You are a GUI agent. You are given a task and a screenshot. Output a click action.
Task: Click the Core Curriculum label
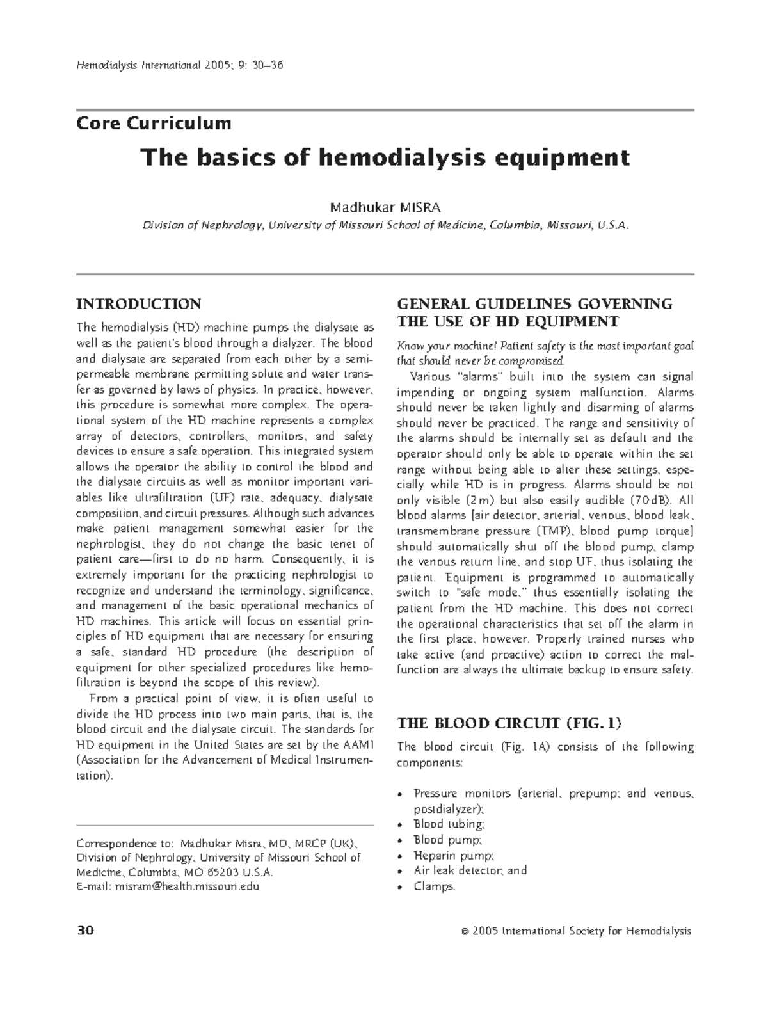pyautogui.click(x=154, y=123)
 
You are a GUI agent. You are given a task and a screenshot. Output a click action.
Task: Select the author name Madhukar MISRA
pyautogui.click(x=385, y=208)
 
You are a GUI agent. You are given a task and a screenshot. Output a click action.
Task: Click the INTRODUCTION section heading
pyautogui.click(x=139, y=303)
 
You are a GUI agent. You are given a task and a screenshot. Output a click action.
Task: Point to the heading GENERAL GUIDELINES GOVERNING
pyautogui.click(x=534, y=304)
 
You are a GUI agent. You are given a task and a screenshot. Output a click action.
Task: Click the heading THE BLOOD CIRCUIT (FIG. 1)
pyautogui.click(x=509, y=723)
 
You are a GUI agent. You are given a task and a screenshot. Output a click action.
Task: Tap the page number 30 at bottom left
pyautogui.click(x=84, y=931)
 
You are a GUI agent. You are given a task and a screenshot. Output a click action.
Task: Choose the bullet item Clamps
pyautogui.click(x=434, y=886)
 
